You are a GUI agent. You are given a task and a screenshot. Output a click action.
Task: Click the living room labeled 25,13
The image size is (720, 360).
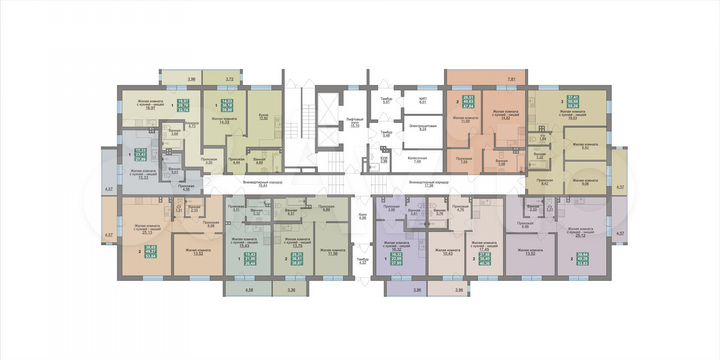156,232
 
